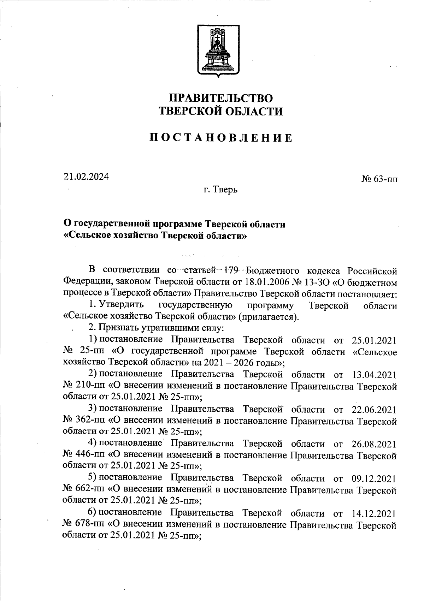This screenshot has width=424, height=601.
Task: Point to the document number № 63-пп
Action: pyautogui.click(x=379, y=179)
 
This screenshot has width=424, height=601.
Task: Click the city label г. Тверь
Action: pyautogui.click(x=220, y=190)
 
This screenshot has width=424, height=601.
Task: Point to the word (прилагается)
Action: pyautogui.click(x=269, y=316)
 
